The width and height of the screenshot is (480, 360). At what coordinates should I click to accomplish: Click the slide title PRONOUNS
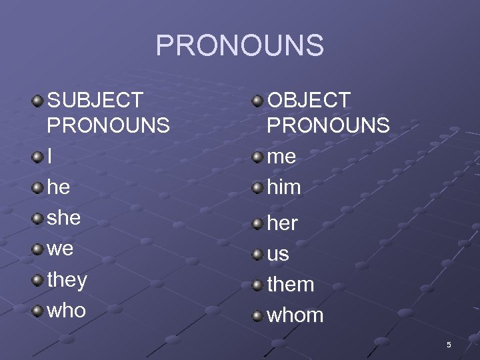[x=239, y=46]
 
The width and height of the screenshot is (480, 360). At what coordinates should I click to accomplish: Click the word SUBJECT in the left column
[x=95, y=101]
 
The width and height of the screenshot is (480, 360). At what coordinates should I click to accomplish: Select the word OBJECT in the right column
[x=309, y=101]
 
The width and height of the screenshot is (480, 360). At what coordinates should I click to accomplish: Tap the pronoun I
[x=50, y=157]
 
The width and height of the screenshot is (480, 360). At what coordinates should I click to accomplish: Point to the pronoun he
[x=59, y=187]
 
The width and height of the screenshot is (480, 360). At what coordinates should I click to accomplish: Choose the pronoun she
[x=64, y=218]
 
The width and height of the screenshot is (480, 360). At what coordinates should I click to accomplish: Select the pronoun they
[x=67, y=280]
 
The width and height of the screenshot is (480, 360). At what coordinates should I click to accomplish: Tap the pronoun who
[x=67, y=310]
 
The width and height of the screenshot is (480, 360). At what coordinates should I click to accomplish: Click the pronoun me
[x=281, y=157]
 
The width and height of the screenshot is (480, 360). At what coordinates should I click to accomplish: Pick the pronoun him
[x=284, y=187]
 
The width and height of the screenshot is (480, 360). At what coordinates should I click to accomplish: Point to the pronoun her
[x=282, y=223]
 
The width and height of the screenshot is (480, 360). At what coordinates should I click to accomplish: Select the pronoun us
[x=278, y=254]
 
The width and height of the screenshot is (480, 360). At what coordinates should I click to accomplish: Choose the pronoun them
[x=291, y=285]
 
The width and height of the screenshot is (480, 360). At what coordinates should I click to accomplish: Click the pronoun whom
[x=295, y=315]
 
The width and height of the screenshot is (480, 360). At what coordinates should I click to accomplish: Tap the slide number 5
[x=449, y=345]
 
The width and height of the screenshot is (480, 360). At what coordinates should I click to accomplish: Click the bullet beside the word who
[x=38, y=310]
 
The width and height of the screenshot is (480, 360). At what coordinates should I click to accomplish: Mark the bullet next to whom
[x=257, y=315]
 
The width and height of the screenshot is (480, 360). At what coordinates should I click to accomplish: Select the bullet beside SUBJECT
[x=38, y=101]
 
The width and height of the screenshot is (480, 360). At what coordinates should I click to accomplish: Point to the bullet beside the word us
[x=257, y=253]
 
